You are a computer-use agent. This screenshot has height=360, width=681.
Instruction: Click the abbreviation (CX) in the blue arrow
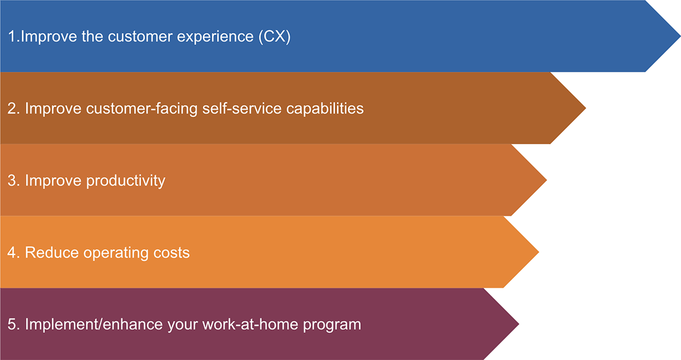tap(275, 37)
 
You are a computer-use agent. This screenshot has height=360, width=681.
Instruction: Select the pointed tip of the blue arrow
tap(680, 36)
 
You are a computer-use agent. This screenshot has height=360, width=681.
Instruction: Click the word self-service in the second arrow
tap(242, 108)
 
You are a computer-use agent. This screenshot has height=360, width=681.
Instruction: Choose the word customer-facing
tap(142, 109)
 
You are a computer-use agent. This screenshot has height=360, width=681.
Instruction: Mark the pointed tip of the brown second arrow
tap(586, 108)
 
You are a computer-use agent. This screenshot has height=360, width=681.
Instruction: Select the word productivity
tap(126, 181)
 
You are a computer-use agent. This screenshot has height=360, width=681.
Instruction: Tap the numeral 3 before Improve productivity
tap(12, 181)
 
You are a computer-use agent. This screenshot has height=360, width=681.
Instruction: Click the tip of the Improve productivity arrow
tap(547, 180)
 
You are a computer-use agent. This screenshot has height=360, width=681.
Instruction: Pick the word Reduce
tap(52, 253)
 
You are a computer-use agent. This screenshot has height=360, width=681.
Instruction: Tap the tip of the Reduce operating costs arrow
tap(539, 252)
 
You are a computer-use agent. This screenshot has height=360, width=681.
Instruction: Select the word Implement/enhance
tap(94, 324)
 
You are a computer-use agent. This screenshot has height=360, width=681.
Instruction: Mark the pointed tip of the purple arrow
tap(519, 324)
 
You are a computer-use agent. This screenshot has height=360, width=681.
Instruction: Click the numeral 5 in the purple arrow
tap(12, 324)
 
